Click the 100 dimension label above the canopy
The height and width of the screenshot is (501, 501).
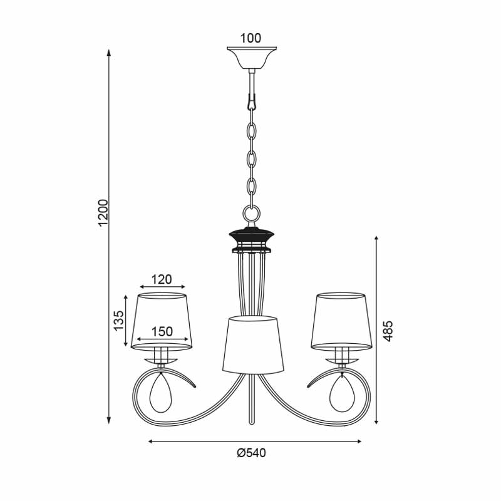[250, 38]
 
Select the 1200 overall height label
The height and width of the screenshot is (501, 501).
[103, 212]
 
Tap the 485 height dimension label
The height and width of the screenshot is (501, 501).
[388, 331]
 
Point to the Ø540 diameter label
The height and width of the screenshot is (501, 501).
[252, 453]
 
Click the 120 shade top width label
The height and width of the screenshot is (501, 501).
[162, 279]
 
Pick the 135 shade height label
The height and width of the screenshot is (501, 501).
[118, 321]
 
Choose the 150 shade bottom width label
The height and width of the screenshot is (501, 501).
[162, 332]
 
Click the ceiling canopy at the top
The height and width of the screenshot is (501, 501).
[252, 58]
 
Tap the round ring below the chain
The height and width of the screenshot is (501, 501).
[252, 212]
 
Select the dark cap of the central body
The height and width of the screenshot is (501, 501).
[252, 235]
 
